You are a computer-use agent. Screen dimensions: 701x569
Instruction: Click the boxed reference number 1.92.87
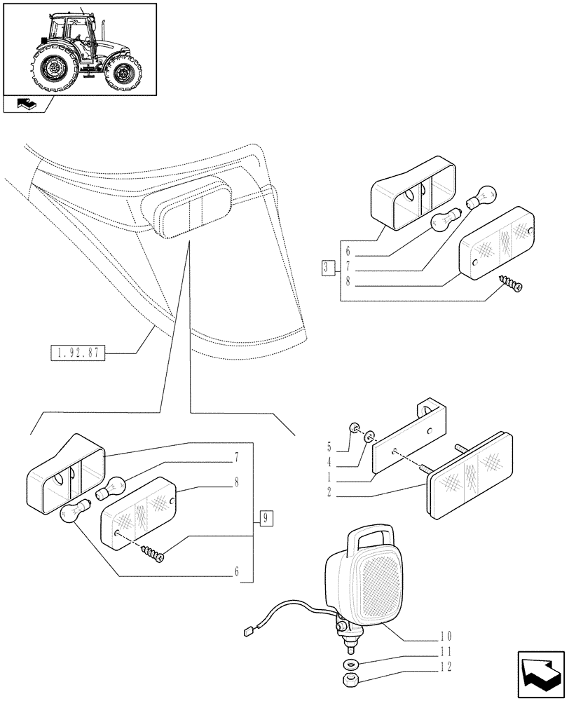(x=77, y=353)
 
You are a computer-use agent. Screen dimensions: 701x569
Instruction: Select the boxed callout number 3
(x=327, y=267)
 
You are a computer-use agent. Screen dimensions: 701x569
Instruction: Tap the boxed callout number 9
(x=266, y=519)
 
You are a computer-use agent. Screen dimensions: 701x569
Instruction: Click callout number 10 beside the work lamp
(x=446, y=637)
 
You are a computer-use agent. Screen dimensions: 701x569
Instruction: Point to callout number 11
(x=446, y=651)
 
